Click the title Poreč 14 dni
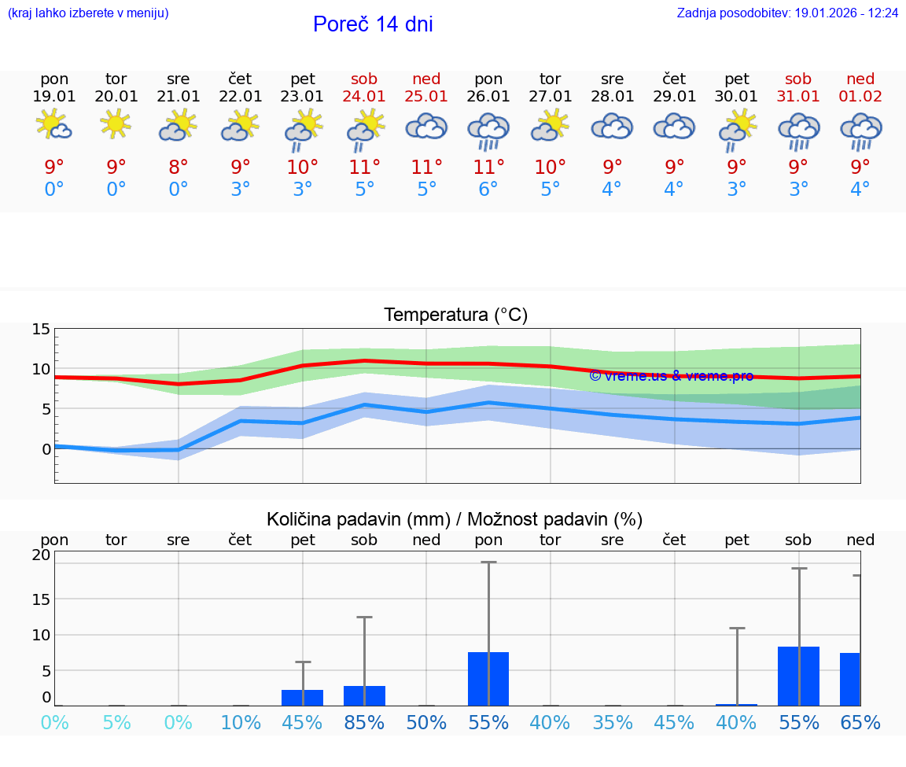(x=373, y=24)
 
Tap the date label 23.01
(x=303, y=97)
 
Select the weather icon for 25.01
(x=426, y=127)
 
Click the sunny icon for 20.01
(x=116, y=124)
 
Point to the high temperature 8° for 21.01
(x=179, y=168)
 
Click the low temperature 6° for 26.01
(x=488, y=190)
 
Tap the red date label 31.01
(x=798, y=97)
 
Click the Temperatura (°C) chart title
(x=455, y=315)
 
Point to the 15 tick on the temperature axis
(x=41, y=330)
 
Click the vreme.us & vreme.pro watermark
(x=671, y=376)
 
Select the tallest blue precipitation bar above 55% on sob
(x=798, y=676)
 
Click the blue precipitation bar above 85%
(x=365, y=695)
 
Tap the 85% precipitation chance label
(x=364, y=722)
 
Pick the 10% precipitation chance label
(x=241, y=722)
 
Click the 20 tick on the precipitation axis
(x=41, y=555)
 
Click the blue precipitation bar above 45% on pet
(x=303, y=698)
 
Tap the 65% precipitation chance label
(x=860, y=722)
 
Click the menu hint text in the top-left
(x=88, y=13)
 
